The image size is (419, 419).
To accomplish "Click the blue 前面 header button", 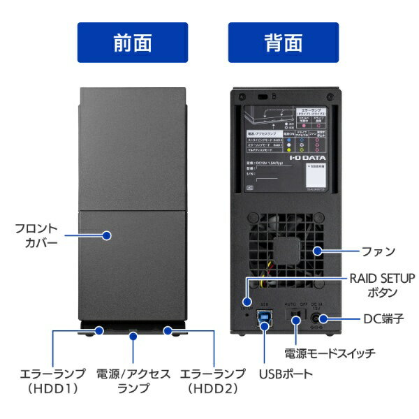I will point(132,43).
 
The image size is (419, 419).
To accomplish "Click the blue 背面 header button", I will point(283,43).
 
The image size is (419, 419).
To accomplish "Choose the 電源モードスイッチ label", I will point(329,354).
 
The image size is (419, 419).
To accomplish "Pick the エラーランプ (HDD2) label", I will point(213,381).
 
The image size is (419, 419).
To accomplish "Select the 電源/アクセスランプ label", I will point(132,381).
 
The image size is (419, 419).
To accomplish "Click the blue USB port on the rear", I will point(265,320).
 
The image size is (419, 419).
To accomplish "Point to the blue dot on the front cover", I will point(107,236).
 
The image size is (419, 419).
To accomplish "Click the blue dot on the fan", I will point(316,251).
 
